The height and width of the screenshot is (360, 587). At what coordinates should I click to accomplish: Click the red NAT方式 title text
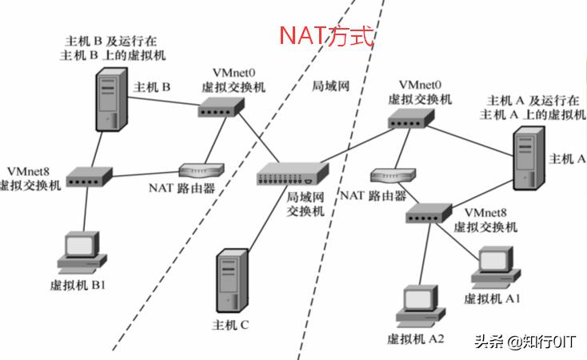326,35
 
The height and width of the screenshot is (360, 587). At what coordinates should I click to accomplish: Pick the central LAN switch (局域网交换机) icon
293,170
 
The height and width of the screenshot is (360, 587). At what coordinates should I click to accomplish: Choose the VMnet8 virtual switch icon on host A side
430,214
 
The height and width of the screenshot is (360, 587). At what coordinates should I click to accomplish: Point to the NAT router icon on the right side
393,176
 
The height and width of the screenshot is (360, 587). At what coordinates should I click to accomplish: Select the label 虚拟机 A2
415,338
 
